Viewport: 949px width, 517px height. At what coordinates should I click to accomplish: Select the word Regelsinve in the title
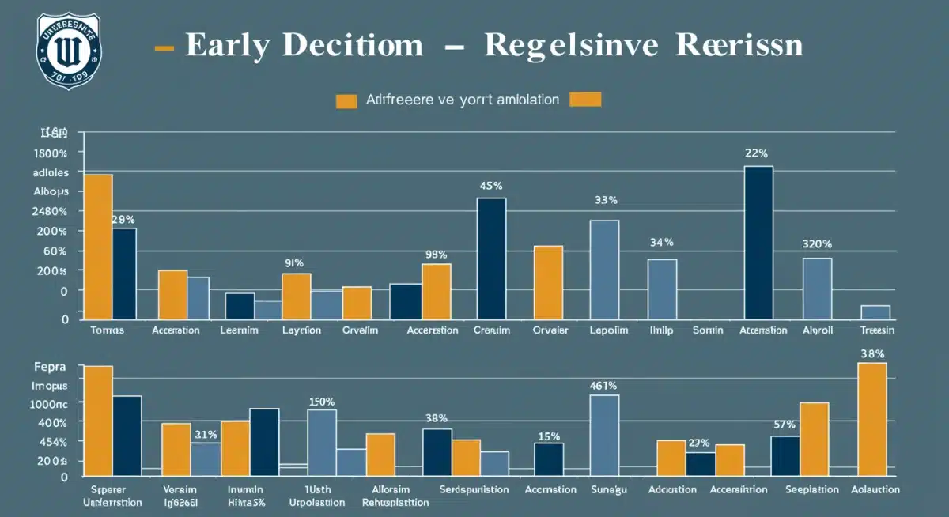click(570, 46)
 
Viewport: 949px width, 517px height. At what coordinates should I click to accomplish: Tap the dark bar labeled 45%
click(491, 257)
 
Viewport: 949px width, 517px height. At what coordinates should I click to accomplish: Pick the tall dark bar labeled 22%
click(758, 241)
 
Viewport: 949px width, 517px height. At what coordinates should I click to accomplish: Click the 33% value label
click(605, 201)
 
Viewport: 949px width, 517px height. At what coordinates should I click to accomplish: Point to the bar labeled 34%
click(662, 288)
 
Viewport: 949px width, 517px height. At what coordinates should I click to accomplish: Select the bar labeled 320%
click(817, 287)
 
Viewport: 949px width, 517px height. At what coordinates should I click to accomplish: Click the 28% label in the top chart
click(123, 219)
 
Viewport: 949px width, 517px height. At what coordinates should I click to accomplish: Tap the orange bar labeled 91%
click(297, 296)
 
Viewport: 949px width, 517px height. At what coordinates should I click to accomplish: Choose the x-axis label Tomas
click(107, 330)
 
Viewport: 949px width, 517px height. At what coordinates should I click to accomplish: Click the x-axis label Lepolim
click(609, 330)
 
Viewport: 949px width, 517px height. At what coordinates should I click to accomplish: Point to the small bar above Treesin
click(875, 311)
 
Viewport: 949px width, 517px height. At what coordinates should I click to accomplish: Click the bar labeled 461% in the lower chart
click(605, 435)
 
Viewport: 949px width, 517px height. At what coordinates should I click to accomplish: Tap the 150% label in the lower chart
click(321, 402)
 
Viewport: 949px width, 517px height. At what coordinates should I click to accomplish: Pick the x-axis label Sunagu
click(609, 489)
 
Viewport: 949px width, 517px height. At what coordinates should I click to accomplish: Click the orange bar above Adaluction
click(871, 419)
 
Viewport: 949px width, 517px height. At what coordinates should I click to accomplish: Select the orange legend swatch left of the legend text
click(346, 100)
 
